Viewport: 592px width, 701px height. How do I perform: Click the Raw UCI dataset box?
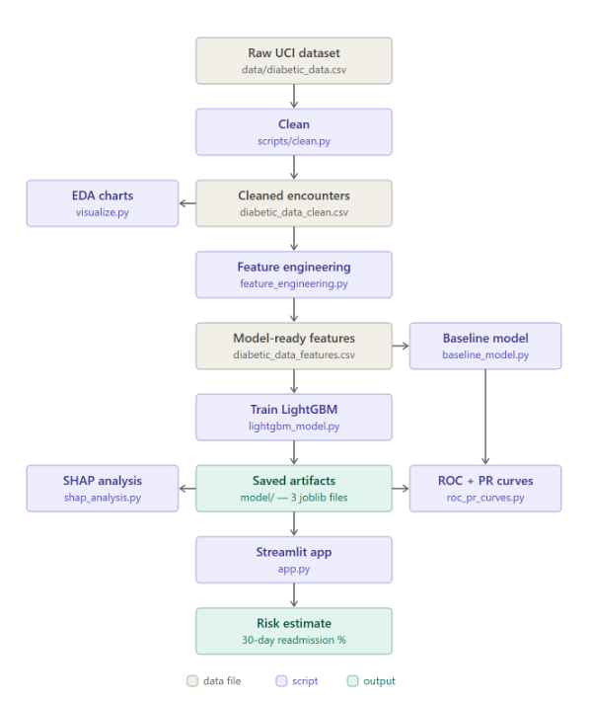tap(294, 61)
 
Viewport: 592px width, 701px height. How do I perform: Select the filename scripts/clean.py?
tap(294, 141)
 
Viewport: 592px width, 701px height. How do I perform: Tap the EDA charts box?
tap(103, 203)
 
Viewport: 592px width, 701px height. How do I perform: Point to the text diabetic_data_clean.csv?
tap(294, 212)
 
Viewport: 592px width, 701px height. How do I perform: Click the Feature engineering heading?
tap(294, 267)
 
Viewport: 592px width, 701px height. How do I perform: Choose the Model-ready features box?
tap(294, 346)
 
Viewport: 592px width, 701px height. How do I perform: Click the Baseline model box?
tap(485, 346)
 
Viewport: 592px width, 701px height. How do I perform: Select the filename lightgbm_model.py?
tap(294, 427)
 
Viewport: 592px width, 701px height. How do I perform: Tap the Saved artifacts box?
tap(294, 488)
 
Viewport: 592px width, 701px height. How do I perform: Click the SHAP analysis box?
tap(103, 488)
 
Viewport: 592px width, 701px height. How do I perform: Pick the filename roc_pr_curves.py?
tap(485, 498)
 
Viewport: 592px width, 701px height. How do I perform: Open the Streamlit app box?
tap(294, 560)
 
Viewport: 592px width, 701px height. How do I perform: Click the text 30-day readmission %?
tap(294, 640)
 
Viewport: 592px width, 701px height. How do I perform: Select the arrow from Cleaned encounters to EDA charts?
tap(187, 203)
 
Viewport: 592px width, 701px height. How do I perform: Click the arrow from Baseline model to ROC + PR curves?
tap(485, 417)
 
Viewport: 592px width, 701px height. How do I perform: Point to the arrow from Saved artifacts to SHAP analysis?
tap(187, 488)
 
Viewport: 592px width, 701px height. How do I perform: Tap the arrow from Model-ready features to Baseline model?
tap(401, 346)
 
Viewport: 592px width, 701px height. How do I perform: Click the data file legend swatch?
tap(192, 681)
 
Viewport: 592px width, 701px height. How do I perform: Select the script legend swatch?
tap(281, 681)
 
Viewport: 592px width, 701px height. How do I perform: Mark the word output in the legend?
tap(379, 681)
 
